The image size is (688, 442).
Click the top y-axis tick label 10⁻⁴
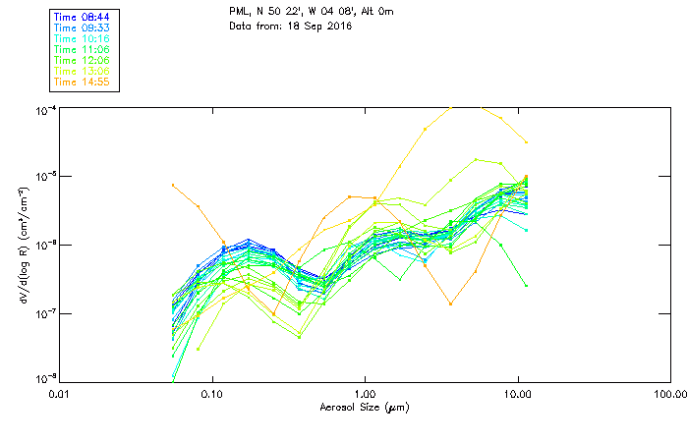(45, 109)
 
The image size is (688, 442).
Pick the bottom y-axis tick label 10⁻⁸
(45, 378)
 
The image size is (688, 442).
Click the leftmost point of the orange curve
(173, 185)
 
